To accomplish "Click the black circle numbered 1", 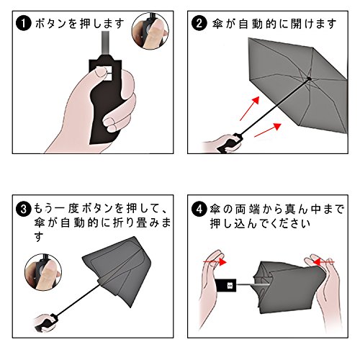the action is click(x=24, y=23).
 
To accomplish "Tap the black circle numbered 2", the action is click(x=199, y=23).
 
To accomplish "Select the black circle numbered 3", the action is click(x=24, y=209).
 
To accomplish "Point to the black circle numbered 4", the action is click(x=199, y=209).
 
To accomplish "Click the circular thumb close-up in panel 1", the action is click(x=150, y=31).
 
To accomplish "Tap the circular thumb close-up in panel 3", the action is click(x=43, y=272).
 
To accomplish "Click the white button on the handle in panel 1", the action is click(x=107, y=73).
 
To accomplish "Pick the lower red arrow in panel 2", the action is click(x=268, y=130).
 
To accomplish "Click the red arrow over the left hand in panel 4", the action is click(x=215, y=261).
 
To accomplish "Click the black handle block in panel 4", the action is click(x=225, y=285).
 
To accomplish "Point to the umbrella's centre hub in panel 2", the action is click(x=309, y=78).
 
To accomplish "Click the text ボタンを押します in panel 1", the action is click(x=79, y=24).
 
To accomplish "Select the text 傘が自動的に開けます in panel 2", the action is click(x=274, y=24).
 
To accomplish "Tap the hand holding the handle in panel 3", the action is click(x=45, y=323).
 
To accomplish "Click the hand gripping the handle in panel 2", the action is click(x=222, y=143).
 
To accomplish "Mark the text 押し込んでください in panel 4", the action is click(x=260, y=224).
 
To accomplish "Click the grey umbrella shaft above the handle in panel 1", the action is click(x=106, y=43).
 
